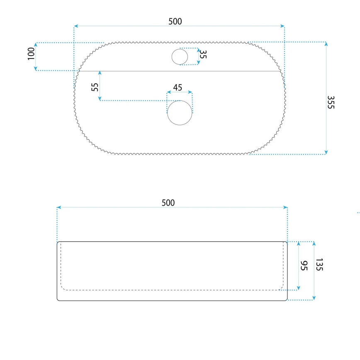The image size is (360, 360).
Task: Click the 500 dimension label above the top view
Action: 175,22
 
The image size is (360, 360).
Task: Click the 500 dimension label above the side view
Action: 168,203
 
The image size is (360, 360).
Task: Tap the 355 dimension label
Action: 331,102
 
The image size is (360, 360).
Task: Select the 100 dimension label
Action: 31,54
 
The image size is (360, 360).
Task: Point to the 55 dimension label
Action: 95,87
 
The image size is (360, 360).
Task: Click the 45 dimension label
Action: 178,88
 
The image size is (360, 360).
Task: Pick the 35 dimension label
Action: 203,54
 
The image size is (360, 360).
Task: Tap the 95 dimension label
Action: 304,265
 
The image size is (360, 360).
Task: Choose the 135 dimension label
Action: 319,265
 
